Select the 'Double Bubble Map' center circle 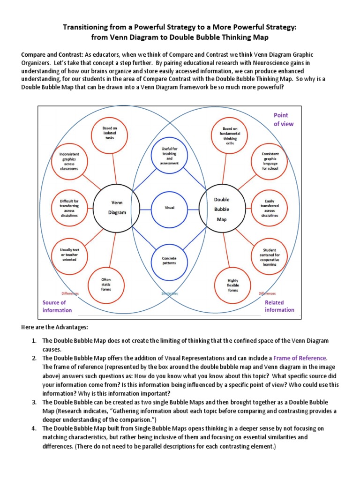point(221,208)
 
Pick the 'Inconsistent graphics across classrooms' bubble point(69,161)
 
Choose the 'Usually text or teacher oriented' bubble point(69,255)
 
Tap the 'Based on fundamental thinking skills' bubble point(230,135)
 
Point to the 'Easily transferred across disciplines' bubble point(270,208)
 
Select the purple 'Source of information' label point(57,306)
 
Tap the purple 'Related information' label point(279,306)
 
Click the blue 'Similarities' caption point(169,293)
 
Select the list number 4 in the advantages point(34,428)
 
